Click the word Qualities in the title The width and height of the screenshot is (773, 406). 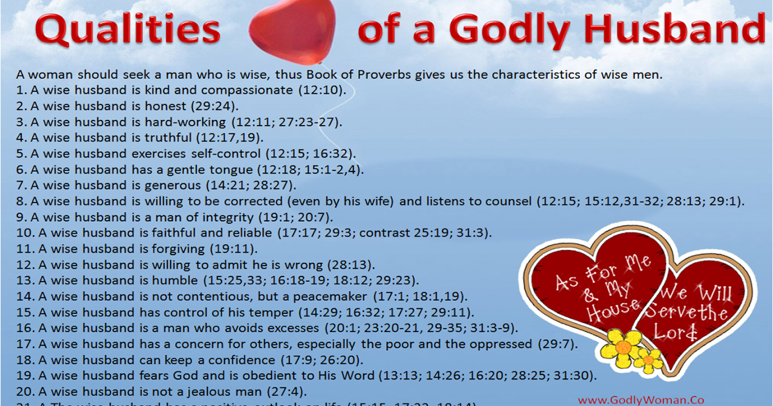[128, 30]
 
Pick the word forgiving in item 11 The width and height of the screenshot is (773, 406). [191, 249]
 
